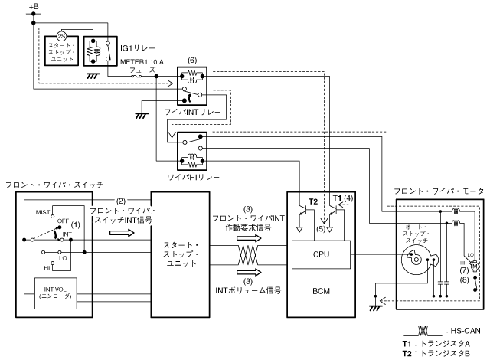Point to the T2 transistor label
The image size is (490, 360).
click(x=313, y=201)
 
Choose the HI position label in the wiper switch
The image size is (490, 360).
click(x=44, y=268)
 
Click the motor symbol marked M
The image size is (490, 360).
click(x=474, y=265)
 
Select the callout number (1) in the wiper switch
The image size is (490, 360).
click(x=76, y=225)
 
